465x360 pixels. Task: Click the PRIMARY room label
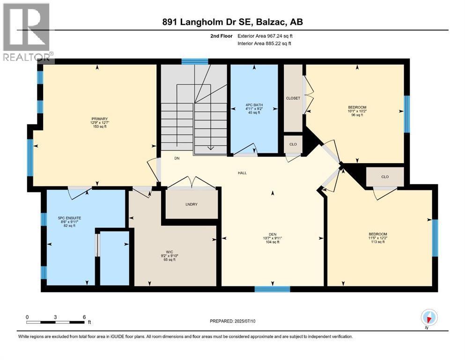point(100,119)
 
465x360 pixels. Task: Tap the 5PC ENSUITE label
point(66,217)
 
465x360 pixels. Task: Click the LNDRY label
point(191,204)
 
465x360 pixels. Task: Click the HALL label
point(242,173)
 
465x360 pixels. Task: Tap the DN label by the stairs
point(177,158)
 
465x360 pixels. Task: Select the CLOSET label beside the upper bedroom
point(293,98)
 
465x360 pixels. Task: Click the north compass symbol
point(429,317)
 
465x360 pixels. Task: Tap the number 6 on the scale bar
point(83,317)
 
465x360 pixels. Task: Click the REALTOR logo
point(27,33)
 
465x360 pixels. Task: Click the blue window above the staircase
point(195,61)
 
